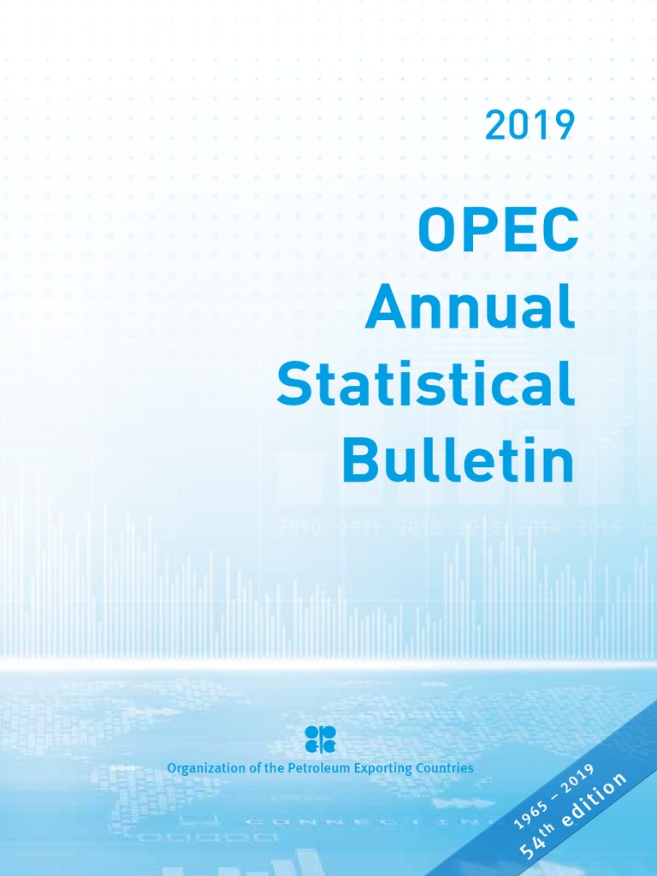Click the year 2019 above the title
click(529, 127)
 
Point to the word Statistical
click(425, 385)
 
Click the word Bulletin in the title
click(458, 462)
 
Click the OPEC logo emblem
click(321, 738)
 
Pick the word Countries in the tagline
click(444, 768)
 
